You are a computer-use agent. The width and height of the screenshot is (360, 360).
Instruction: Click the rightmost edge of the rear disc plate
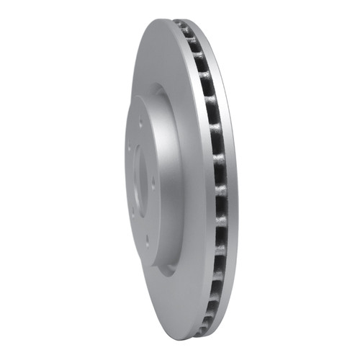coord(235,180)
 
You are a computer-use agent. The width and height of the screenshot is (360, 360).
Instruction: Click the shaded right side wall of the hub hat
coord(173,180)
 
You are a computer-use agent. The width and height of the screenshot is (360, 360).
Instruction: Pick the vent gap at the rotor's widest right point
coord(222,180)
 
